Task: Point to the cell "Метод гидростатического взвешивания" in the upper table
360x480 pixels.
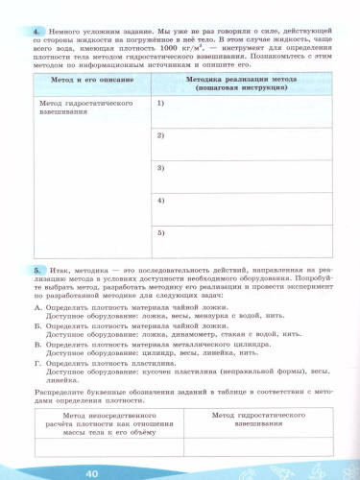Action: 79,106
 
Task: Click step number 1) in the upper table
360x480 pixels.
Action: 161,102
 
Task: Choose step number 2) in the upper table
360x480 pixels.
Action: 161,134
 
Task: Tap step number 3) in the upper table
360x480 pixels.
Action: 161,167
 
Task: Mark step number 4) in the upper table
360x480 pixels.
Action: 161,200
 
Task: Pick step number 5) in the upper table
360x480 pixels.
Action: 161,231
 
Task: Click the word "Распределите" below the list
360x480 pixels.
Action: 60,392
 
